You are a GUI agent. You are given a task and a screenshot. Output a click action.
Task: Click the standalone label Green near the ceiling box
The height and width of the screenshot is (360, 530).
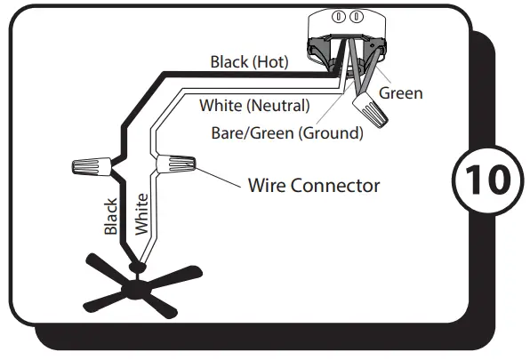(400, 92)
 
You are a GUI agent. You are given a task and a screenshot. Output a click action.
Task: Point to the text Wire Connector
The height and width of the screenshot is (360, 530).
(313, 186)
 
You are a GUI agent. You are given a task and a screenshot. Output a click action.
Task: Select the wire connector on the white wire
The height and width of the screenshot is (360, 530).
(177, 164)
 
